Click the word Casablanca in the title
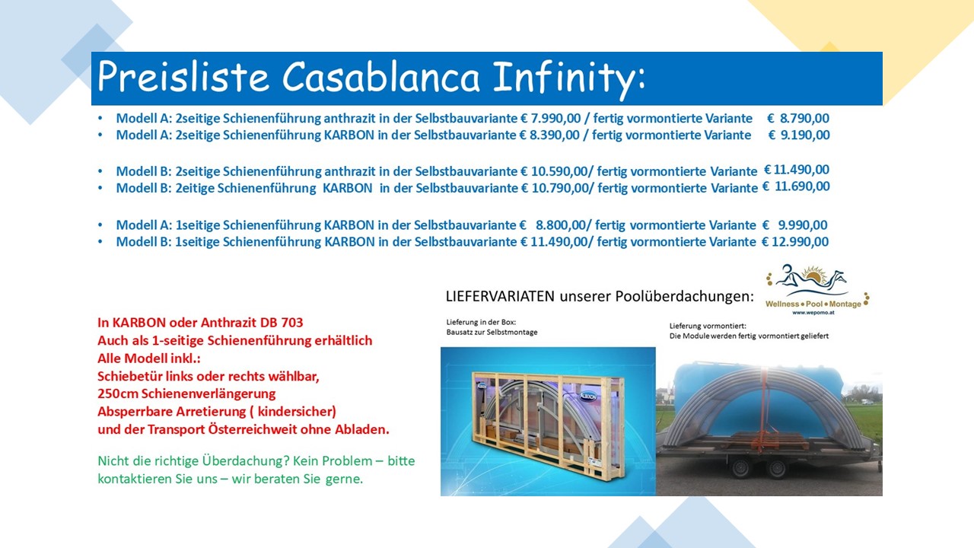point(381,77)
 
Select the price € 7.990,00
point(550,118)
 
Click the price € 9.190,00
point(799,135)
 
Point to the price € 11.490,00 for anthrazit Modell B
point(797,169)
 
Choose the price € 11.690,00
point(796,186)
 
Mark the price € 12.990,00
point(795,241)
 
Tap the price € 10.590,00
point(555,171)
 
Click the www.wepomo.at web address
point(813,312)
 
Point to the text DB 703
point(282,323)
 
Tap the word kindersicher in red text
point(296,412)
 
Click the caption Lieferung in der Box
point(481,322)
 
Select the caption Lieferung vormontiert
point(708,326)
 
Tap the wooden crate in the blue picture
point(548,423)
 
